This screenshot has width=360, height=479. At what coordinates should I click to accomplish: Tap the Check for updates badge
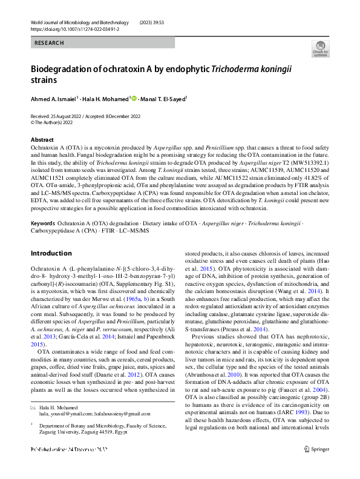[320, 48]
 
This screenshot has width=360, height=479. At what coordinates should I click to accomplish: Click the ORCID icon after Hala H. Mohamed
[134, 98]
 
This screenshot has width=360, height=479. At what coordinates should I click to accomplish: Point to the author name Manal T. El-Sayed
[163, 98]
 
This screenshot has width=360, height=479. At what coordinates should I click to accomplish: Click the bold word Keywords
[42, 224]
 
